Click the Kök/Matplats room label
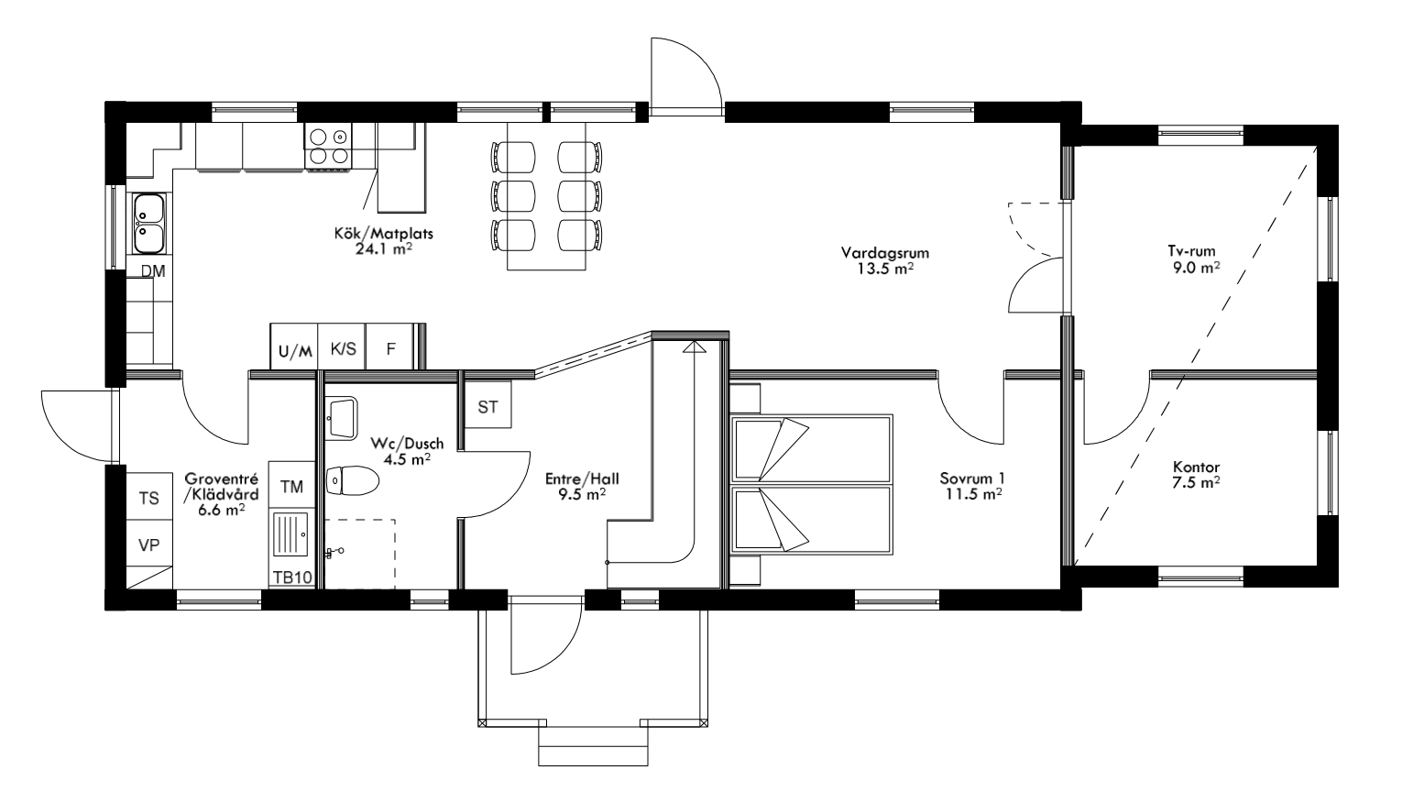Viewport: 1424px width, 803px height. [x=383, y=234]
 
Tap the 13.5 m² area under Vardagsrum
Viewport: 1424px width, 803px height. [x=885, y=269]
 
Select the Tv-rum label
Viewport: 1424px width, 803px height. [x=1191, y=252]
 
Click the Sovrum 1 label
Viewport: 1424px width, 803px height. [x=972, y=478]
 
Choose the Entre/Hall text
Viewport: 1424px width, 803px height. [x=575, y=478]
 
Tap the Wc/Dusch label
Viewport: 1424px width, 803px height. [x=407, y=444]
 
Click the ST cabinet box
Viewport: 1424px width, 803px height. [x=487, y=407]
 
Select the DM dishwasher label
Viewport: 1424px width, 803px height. [x=152, y=271]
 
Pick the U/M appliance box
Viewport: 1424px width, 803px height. [x=294, y=350]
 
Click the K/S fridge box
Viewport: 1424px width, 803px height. [x=343, y=349]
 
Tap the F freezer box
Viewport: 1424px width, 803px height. [x=390, y=349]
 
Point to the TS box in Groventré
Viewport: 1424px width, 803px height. [x=148, y=499]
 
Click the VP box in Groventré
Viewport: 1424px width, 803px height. [x=148, y=545]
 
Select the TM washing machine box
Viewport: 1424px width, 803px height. [x=291, y=487]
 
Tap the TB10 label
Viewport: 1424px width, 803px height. [x=292, y=577]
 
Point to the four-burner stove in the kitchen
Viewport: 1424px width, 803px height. [x=329, y=147]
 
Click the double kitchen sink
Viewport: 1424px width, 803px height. [x=148, y=222]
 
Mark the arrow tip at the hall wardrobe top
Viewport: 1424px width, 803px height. [x=694, y=346]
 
